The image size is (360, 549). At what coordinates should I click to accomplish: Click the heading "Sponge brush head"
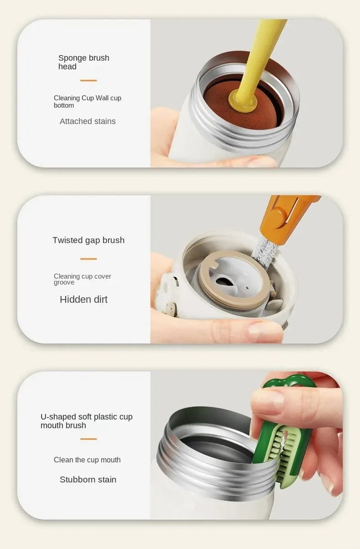coord(84,62)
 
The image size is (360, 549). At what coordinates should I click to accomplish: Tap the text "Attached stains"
coord(87,121)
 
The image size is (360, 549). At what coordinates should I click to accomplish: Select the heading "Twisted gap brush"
coord(88,240)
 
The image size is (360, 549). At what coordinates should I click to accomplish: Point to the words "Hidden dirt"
coord(84,299)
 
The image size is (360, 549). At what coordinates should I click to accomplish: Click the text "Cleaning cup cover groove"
coord(82,279)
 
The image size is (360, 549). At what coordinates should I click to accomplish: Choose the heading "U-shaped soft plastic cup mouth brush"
coord(86,421)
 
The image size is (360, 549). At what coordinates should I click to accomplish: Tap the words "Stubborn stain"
coord(88,480)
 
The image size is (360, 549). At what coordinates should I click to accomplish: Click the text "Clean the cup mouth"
coord(87,459)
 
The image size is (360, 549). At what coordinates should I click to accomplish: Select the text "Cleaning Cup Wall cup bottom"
coord(87,101)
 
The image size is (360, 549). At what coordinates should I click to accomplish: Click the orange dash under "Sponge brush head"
coord(88,80)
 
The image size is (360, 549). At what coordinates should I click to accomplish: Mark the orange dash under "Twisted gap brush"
coord(88,259)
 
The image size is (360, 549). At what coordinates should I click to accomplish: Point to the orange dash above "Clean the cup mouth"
coord(88,439)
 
